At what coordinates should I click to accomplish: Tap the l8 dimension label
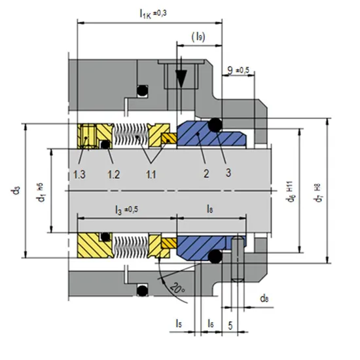[x=209, y=209]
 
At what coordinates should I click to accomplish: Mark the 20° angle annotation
[x=175, y=287]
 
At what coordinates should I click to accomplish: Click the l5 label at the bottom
[x=179, y=323]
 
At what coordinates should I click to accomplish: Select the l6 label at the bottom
[x=209, y=323]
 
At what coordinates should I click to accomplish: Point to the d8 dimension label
[x=264, y=299]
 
